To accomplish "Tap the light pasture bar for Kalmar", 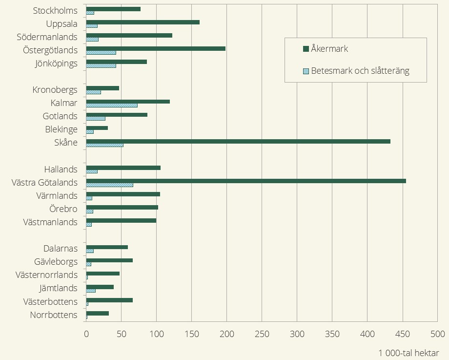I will point(112,105).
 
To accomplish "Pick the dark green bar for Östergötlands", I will point(156,48).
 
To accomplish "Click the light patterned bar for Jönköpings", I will point(101,65).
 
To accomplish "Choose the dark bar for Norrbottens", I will point(98,313).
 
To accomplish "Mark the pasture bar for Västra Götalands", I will point(110,185).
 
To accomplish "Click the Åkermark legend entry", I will point(329,49).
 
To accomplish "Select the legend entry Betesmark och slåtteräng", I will point(360,71).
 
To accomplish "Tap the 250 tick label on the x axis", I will point(262,335).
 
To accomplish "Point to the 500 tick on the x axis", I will point(438,335).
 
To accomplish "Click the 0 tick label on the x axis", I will point(86,335).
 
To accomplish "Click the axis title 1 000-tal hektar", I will point(408,353).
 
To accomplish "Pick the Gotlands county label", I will point(60,116).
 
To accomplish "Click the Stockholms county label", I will point(55,11).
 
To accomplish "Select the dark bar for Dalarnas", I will point(107,247).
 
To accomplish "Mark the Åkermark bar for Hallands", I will point(123,168).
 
